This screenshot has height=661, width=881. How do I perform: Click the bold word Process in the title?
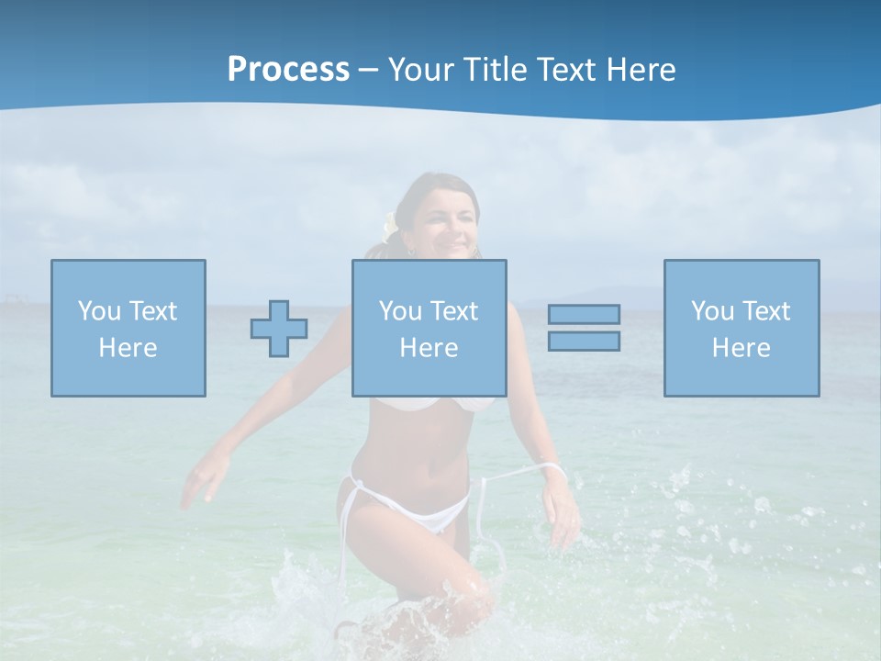point(288,69)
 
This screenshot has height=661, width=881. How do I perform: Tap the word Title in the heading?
point(496,69)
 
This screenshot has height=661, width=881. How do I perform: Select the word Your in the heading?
point(424,69)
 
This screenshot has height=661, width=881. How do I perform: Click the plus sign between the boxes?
point(279,328)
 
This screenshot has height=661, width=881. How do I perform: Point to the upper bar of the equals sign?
point(584,314)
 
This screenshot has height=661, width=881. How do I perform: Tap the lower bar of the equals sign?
point(584,341)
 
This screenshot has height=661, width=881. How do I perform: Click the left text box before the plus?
point(128,328)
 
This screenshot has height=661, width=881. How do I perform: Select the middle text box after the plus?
point(429,328)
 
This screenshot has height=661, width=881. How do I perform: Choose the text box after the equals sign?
point(742,328)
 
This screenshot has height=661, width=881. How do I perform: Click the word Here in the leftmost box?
point(128,348)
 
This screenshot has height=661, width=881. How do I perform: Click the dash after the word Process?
point(369,70)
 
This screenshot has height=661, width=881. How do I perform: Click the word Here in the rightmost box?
point(742,348)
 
